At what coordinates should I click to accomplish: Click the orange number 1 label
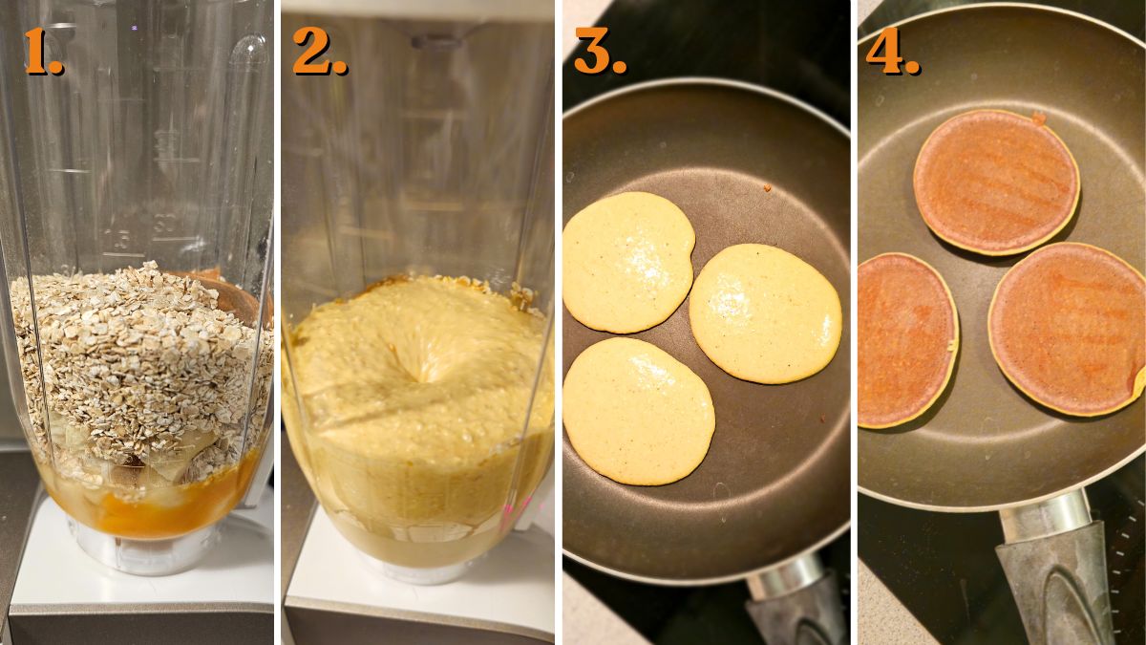coord(43,52)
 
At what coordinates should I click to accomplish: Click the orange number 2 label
coord(318,52)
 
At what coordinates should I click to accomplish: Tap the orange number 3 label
coord(599,52)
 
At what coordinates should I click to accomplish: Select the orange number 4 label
coord(892,52)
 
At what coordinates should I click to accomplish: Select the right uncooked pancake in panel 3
coord(764,313)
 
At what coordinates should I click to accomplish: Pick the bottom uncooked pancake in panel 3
coord(637,411)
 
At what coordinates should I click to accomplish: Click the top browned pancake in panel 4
coord(996,182)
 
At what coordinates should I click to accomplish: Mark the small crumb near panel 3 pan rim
coord(766,188)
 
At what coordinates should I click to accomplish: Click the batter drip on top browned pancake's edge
coord(1038,118)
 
